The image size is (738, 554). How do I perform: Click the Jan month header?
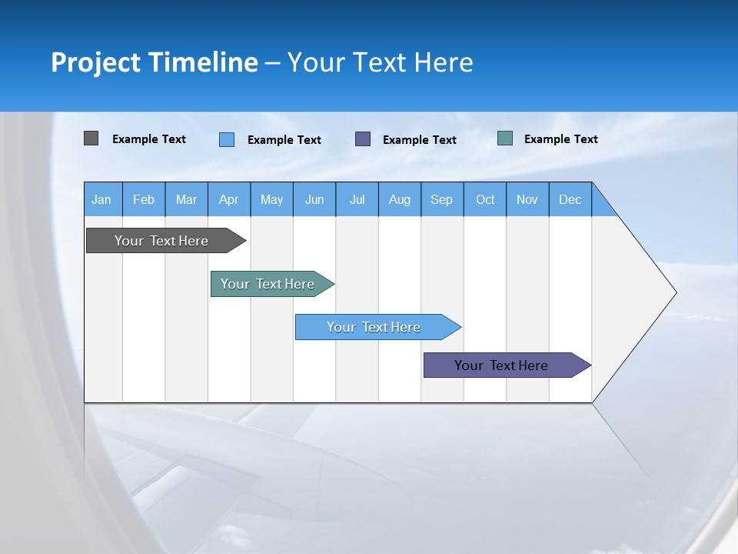(102, 199)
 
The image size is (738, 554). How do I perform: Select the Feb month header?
(144, 199)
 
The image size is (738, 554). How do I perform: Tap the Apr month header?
(229, 199)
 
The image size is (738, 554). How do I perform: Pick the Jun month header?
(314, 199)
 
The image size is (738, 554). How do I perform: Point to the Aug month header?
(400, 199)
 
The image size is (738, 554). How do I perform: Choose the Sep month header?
(442, 199)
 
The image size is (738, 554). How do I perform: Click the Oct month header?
(485, 199)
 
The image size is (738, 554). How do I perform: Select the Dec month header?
(570, 199)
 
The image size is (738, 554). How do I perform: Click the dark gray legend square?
(91, 138)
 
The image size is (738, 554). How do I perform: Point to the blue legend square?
(227, 139)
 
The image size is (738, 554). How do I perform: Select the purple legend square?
(363, 138)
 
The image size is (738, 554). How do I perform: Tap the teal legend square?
(505, 138)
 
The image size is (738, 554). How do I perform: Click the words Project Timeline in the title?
(154, 62)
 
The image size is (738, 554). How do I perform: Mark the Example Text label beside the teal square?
(560, 139)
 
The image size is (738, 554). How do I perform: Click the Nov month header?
(527, 199)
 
